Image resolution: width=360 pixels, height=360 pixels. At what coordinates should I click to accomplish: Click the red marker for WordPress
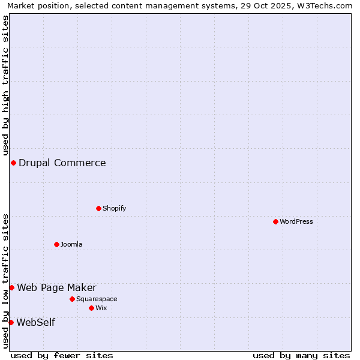275,221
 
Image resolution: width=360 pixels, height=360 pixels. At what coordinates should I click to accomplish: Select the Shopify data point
98,208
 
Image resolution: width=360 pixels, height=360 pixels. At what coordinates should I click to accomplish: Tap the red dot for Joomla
56,244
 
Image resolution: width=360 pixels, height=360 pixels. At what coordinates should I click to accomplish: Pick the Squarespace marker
72,299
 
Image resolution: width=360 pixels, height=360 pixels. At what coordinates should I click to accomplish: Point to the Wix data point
91,308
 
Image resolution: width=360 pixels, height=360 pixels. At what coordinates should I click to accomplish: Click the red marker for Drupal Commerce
13,163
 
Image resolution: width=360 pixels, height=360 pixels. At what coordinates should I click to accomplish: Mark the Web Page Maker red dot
11,287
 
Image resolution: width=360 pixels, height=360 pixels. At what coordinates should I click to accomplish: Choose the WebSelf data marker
11,322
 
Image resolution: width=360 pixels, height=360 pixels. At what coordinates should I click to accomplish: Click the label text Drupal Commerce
62,163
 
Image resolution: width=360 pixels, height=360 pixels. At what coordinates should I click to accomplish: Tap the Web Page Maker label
56,287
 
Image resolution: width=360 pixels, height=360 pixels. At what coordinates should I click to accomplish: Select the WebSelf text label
35,322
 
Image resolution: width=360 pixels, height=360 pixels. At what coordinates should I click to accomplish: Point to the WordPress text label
296,221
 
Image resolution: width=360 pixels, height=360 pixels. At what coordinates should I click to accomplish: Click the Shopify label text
114,208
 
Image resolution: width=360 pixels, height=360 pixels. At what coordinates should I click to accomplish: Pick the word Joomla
71,244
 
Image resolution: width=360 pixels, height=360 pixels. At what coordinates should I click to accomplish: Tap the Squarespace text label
97,299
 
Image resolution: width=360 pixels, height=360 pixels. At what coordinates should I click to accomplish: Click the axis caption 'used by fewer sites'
62,355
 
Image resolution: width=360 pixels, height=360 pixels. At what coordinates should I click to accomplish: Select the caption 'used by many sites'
301,355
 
